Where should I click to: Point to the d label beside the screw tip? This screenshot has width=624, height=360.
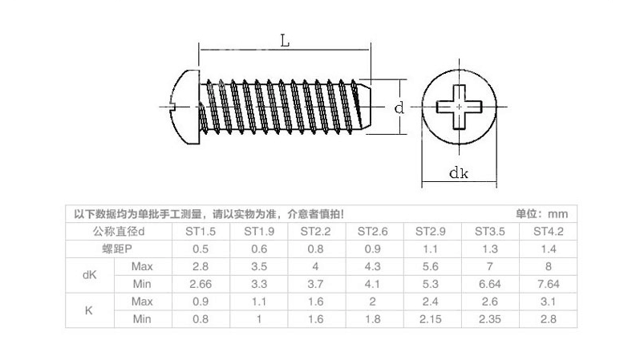399,108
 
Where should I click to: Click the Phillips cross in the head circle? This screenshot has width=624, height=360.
458,107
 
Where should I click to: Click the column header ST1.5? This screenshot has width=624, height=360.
201,232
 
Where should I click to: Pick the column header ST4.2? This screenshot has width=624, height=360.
549,232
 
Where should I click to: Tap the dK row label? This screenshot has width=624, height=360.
90,275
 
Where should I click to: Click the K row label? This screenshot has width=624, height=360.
90,310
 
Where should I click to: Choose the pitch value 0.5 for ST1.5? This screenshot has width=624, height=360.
201,249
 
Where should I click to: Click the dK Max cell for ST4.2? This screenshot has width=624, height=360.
549,266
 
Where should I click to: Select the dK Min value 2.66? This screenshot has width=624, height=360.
201,284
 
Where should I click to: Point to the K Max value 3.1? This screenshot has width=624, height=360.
549,301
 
